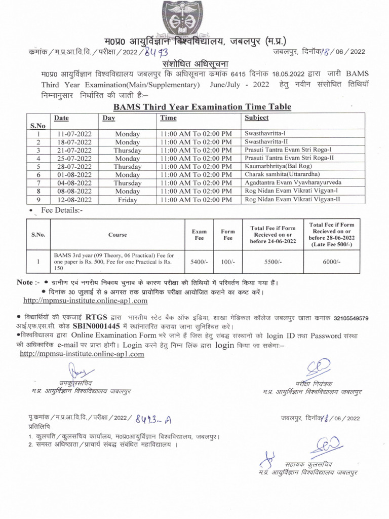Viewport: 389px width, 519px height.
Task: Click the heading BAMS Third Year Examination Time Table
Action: point(202,106)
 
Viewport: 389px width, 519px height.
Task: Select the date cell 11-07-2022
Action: point(73,134)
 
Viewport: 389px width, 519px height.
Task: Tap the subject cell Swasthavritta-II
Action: point(266,141)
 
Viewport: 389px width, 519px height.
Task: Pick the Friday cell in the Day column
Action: point(127,200)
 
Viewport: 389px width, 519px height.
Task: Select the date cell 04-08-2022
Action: point(73,183)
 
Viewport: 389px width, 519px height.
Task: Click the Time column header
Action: point(168,118)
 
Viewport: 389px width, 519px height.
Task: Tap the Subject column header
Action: point(257,118)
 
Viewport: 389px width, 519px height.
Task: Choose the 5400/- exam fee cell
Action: point(199,262)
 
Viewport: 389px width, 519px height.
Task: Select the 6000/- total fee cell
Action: point(331,262)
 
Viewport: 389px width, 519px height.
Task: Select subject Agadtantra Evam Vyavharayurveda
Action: point(293,182)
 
